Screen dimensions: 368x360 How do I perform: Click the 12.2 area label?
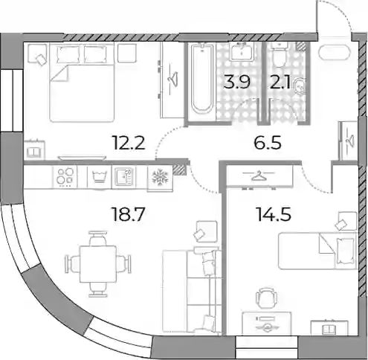tap(129, 143)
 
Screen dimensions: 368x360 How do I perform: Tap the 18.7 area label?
tap(128, 214)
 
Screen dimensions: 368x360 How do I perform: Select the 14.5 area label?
tap(274, 214)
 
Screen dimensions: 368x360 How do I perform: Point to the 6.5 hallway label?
tap(268, 143)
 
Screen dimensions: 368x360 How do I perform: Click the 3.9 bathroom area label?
tap(236, 82)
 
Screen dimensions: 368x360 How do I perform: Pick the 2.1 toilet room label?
tap(280, 83)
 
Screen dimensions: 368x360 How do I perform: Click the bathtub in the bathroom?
tap(202, 79)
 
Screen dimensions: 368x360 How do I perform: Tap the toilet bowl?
tap(280, 55)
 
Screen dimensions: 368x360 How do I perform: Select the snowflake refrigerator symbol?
tap(160, 177)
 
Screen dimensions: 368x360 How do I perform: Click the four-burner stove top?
tap(65, 176)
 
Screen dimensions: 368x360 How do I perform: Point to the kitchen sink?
tap(124, 177)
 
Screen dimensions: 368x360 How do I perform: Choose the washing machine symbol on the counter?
tap(99, 177)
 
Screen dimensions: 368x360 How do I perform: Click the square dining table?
tap(98, 264)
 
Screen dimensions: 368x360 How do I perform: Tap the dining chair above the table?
tap(98, 238)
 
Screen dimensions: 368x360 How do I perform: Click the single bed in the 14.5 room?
tap(317, 251)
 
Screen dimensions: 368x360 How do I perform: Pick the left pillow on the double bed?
tap(68, 54)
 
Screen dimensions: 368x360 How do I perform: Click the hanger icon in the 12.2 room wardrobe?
tap(172, 79)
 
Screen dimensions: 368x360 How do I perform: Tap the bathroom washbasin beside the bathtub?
tap(242, 51)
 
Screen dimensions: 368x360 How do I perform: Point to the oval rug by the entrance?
tap(335, 53)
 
